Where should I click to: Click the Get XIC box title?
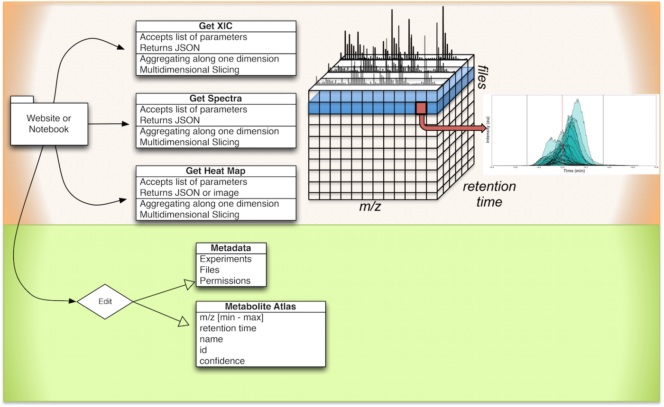tap(216, 26)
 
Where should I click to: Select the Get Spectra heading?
tap(216, 99)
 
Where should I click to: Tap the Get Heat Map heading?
tap(216, 171)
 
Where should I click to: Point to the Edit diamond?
tap(105, 301)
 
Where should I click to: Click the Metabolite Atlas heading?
tap(260, 307)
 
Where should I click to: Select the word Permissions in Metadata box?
tap(225, 281)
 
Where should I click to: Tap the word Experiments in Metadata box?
tap(225, 259)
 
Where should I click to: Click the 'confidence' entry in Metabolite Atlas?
tap(222, 361)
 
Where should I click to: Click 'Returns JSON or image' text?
tap(189, 193)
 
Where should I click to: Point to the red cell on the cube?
tap(421, 108)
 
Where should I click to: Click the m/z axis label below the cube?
tap(370, 207)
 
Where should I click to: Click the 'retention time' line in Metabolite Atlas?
tap(228, 328)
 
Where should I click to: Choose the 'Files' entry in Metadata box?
tap(210, 270)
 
